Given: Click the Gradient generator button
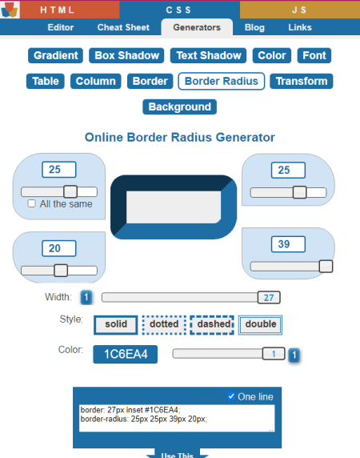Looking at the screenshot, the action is [x=55, y=55].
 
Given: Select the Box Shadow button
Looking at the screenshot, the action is [x=126, y=55].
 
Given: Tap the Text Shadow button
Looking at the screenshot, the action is [x=209, y=55].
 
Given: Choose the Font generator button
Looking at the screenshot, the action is [x=314, y=55].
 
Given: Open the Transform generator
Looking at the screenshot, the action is [x=302, y=81].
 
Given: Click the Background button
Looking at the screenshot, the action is [x=180, y=107].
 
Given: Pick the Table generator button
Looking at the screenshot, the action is [x=46, y=81].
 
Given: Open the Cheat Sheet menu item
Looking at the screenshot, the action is [x=123, y=27].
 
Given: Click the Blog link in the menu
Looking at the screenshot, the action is [x=254, y=27].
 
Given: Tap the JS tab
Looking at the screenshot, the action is [x=300, y=10].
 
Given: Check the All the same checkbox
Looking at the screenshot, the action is [x=31, y=203].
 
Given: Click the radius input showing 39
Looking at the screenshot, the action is [x=288, y=244].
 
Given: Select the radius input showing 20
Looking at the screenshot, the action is [x=59, y=248].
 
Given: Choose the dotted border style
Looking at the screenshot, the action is [x=164, y=325].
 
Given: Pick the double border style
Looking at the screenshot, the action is [x=260, y=325].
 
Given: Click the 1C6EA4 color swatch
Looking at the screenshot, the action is [x=126, y=354].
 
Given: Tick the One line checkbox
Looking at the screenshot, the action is [x=231, y=396].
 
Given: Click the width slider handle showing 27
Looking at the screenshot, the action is [x=269, y=297].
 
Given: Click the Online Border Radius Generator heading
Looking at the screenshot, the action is [x=180, y=137].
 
